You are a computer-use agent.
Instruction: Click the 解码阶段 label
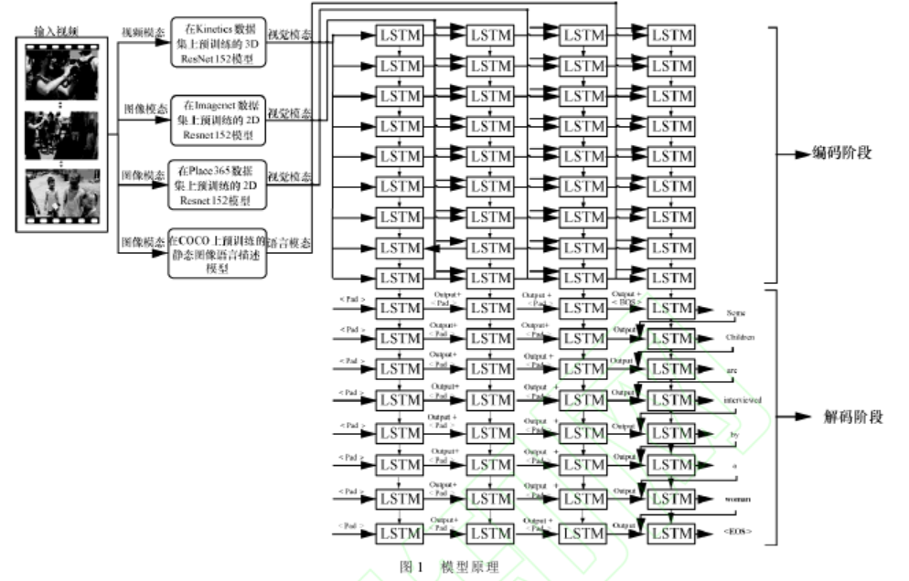point(850,417)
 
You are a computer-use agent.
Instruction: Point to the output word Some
point(739,312)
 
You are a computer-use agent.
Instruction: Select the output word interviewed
point(742,399)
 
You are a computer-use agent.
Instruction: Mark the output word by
point(733,433)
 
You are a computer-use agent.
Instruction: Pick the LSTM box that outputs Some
point(670,309)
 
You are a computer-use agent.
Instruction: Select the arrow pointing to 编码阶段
point(794,153)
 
